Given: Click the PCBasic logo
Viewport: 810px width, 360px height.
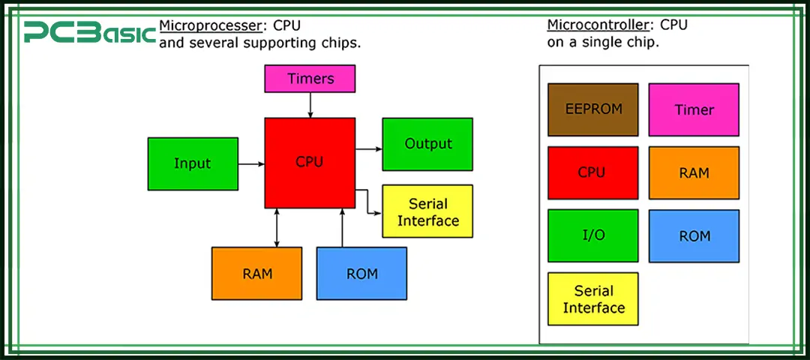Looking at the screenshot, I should [89, 32].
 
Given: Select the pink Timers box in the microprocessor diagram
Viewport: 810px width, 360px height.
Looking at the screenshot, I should [310, 79].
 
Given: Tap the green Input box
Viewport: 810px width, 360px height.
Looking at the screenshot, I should [193, 163].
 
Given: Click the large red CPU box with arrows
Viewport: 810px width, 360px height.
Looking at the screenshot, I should [310, 163].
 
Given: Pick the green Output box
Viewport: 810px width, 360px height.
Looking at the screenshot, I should [427, 144].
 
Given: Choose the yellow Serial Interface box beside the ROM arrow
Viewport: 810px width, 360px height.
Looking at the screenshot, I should [427, 211].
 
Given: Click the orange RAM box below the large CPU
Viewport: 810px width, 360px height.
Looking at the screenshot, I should [256, 274].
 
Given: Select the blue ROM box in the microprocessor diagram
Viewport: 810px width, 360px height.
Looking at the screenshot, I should [361, 274].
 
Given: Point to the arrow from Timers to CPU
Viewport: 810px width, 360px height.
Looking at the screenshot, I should [310, 105].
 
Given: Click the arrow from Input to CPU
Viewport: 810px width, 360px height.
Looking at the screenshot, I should [251, 163].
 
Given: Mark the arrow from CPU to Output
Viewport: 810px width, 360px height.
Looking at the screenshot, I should [368, 149].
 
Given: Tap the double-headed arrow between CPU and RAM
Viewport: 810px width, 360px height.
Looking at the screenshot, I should [277, 228].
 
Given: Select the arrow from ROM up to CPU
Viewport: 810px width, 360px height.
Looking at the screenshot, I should [342, 228].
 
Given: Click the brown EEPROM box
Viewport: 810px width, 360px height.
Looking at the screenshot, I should [592, 109].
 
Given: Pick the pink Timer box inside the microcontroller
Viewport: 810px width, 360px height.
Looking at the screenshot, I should [694, 109].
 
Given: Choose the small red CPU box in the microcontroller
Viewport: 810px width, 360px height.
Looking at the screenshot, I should [592, 172].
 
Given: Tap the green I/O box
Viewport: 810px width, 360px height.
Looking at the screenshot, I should [592, 235].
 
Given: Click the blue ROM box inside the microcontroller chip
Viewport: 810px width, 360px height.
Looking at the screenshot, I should [694, 235].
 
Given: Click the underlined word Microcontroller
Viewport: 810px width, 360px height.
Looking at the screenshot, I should [592, 25].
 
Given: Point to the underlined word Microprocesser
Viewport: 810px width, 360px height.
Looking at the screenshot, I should [210, 25].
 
